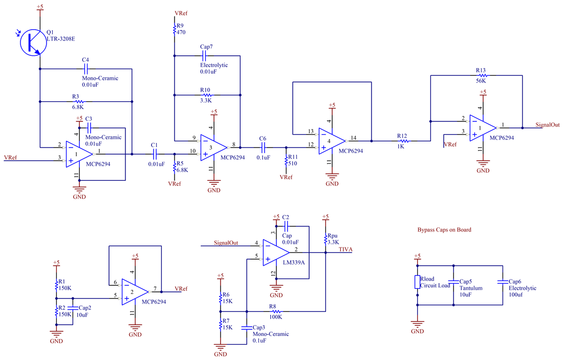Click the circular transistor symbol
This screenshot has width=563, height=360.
(x=33, y=43)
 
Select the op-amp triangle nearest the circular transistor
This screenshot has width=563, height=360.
(x=78, y=154)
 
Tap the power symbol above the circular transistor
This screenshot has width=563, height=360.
(x=40, y=9)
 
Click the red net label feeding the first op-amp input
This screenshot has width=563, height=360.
(x=10, y=157)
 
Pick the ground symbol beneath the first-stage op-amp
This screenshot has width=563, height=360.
(x=79, y=192)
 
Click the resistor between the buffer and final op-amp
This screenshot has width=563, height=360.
(x=402, y=140)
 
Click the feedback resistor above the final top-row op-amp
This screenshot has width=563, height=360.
(x=482, y=76)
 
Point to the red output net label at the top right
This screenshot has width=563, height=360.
(x=547, y=124)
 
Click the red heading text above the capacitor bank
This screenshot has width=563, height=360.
(x=444, y=230)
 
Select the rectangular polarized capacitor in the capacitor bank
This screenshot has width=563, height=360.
(x=418, y=282)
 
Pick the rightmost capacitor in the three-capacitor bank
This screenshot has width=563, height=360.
(x=502, y=282)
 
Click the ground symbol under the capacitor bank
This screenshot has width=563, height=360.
(x=418, y=326)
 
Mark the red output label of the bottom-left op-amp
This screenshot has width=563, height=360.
(x=181, y=288)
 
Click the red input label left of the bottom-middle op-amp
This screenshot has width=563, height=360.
(x=226, y=242)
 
